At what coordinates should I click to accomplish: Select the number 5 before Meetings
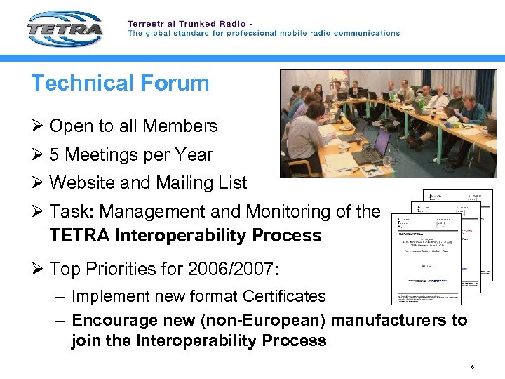tap(55, 155)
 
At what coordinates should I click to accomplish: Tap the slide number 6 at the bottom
tap(473, 367)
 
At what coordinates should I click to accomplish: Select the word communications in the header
tap(365, 33)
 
